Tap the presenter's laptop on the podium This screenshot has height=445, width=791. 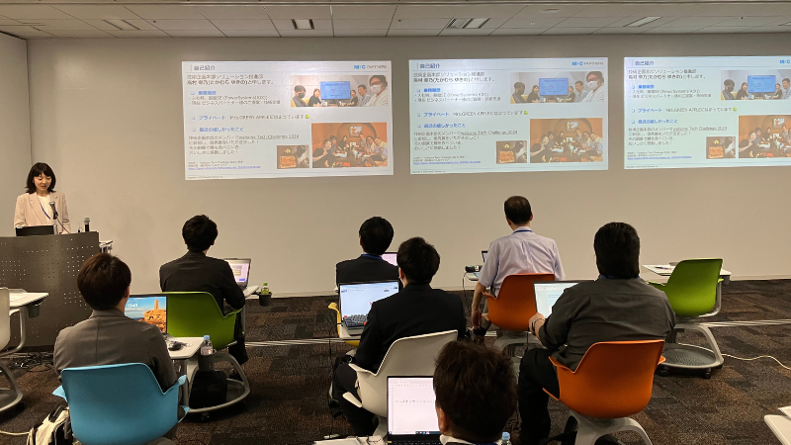(x=36, y=230)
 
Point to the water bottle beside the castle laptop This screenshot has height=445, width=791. (x=206, y=346)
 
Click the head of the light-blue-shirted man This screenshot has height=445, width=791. (x=518, y=212)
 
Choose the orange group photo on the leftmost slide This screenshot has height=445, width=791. (x=349, y=145)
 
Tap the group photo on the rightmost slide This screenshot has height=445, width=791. (x=763, y=135)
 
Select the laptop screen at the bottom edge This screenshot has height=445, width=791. (x=412, y=405)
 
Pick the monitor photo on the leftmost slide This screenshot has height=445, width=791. (x=336, y=91)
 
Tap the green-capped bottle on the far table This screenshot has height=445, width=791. (x=264, y=294)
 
